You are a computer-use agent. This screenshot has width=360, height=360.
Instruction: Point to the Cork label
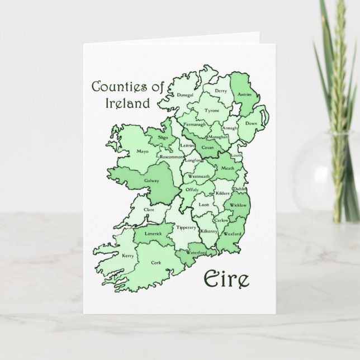[x=156, y=262]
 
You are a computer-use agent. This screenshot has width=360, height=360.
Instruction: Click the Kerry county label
[x=128, y=256]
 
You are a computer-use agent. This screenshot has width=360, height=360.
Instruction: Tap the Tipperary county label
[x=186, y=228]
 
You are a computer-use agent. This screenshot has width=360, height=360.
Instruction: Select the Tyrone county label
[x=212, y=111]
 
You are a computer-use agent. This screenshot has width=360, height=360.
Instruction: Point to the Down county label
[x=252, y=123]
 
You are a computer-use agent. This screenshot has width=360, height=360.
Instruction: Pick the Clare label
[x=149, y=210]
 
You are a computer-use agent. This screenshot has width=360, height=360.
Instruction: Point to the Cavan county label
[x=208, y=147]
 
